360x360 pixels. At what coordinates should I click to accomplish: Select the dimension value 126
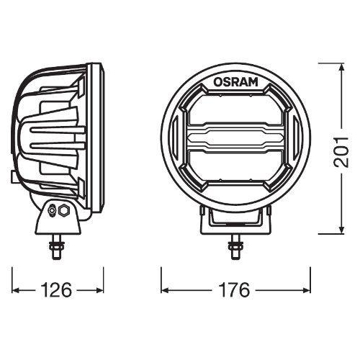click(x=55, y=290)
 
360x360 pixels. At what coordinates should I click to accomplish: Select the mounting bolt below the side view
click(x=56, y=248)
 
